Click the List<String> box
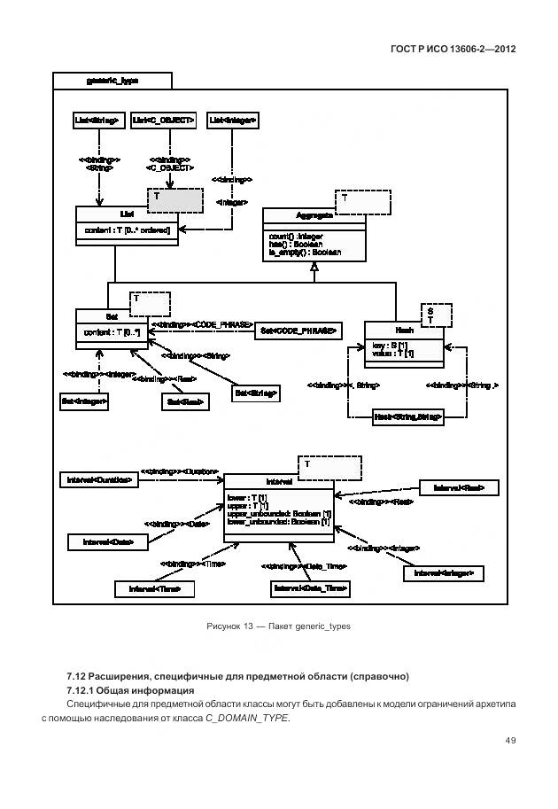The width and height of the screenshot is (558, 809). coord(97,119)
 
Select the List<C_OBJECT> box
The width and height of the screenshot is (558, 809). coord(163,119)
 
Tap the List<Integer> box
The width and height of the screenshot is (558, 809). coord(233,119)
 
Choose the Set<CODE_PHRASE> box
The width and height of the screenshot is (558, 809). coord(298,331)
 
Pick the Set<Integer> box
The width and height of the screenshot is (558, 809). coord(84,402)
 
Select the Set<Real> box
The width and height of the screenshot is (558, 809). coord(184,402)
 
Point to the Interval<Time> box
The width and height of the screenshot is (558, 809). coord(154,588)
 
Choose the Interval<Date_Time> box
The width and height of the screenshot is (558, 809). coord(309,588)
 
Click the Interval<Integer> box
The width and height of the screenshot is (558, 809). coord(444,574)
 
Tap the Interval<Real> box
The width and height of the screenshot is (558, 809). coord(459,488)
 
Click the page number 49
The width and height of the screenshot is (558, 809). coord(510,741)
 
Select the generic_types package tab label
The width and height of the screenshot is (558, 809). coord(112,80)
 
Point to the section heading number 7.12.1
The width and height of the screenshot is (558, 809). coord(81,690)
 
